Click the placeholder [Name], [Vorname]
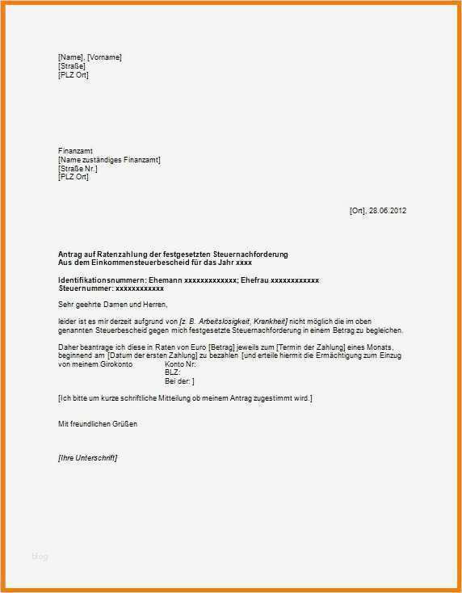(90, 57)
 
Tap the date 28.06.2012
(388, 211)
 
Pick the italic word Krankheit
(271, 322)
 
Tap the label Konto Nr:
(180, 364)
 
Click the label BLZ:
(172, 372)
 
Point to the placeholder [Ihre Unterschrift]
(88, 458)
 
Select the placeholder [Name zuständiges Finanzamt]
(109, 160)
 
